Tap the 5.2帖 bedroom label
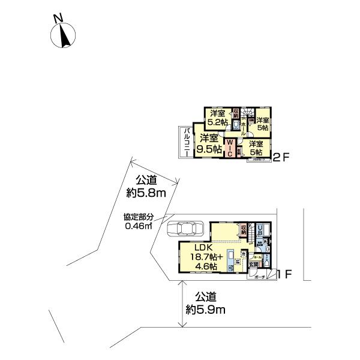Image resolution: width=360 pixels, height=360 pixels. tap(217, 118)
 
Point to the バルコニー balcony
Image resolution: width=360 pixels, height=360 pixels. tap(186, 142)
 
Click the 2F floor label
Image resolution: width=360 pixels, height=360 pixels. tap(281, 159)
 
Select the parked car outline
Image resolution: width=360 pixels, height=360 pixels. tap(186, 229)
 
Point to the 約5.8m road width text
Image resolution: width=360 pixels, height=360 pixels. tap(146, 186)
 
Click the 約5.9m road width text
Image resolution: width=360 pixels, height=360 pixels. tap(205, 303)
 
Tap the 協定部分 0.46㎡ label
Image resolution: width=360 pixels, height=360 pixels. tap(139, 221)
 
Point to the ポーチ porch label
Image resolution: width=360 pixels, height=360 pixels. tap(259, 277)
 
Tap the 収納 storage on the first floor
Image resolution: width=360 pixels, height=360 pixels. tap(243, 229)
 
